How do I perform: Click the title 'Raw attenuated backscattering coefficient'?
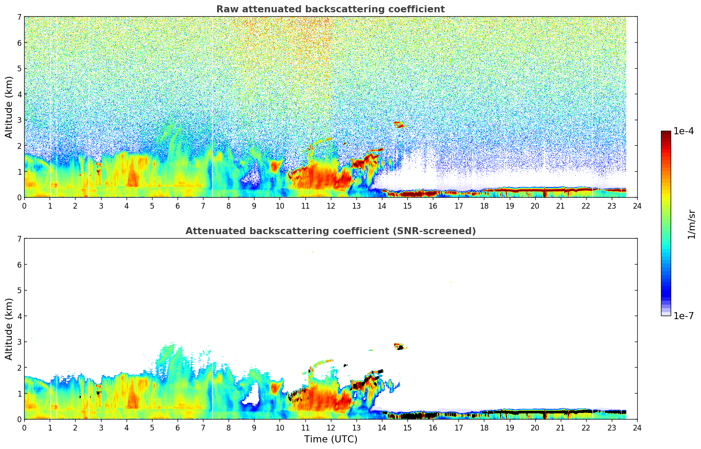click(x=330, y=9)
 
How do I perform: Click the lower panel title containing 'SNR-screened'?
click(x=330, y=231)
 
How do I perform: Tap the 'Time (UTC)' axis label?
click(x=331, y=439)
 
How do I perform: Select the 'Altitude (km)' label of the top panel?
click(x=9, y=107)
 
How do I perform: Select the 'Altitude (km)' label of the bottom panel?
click(x=9, y=329)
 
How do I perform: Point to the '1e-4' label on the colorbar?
click(x=683, y=131)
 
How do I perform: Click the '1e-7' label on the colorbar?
click(x=683, y=316)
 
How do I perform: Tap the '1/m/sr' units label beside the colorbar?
click(x=691, y=224)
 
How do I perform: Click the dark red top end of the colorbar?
click(x=666, y=133)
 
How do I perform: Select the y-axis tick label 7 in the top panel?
click(x=19, y=17)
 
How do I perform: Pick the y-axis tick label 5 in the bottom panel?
click(x=19, y=291)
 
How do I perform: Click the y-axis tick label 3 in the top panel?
click(x=19, y=120)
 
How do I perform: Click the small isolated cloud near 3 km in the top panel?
click(x=399, y=125)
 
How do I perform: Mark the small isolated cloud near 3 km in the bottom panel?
click(x=399, y=346)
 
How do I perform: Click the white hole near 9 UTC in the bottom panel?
click(x=251, y=395)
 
